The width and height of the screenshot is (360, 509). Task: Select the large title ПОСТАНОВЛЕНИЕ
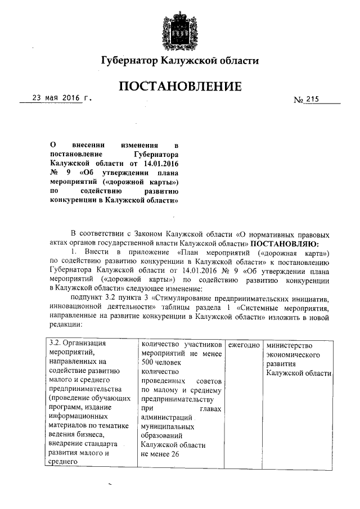point(180,87)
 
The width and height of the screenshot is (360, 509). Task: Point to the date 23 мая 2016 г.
point(61,98)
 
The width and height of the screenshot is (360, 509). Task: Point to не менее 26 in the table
point(160,454)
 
